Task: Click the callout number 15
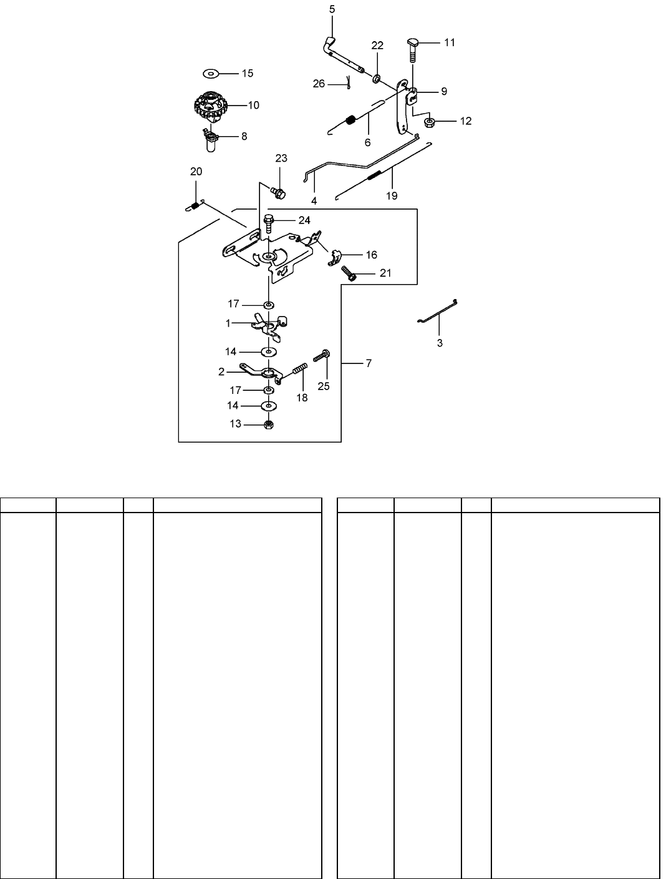tap(247, 73)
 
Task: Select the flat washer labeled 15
tap(211, 73)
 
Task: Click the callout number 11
tap(450, 42)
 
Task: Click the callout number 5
tap(332, 9)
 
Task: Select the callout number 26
tap(319, 84)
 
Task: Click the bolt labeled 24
tap(269, 222)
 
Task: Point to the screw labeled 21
tap(348, 272)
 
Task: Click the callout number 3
tap(440, 343)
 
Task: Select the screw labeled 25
tap(322, 356)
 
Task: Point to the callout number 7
tap(369, 363)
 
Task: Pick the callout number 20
tap(196, 171)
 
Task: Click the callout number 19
tap(391, 195)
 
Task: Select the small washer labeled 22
tap(377, 79)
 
